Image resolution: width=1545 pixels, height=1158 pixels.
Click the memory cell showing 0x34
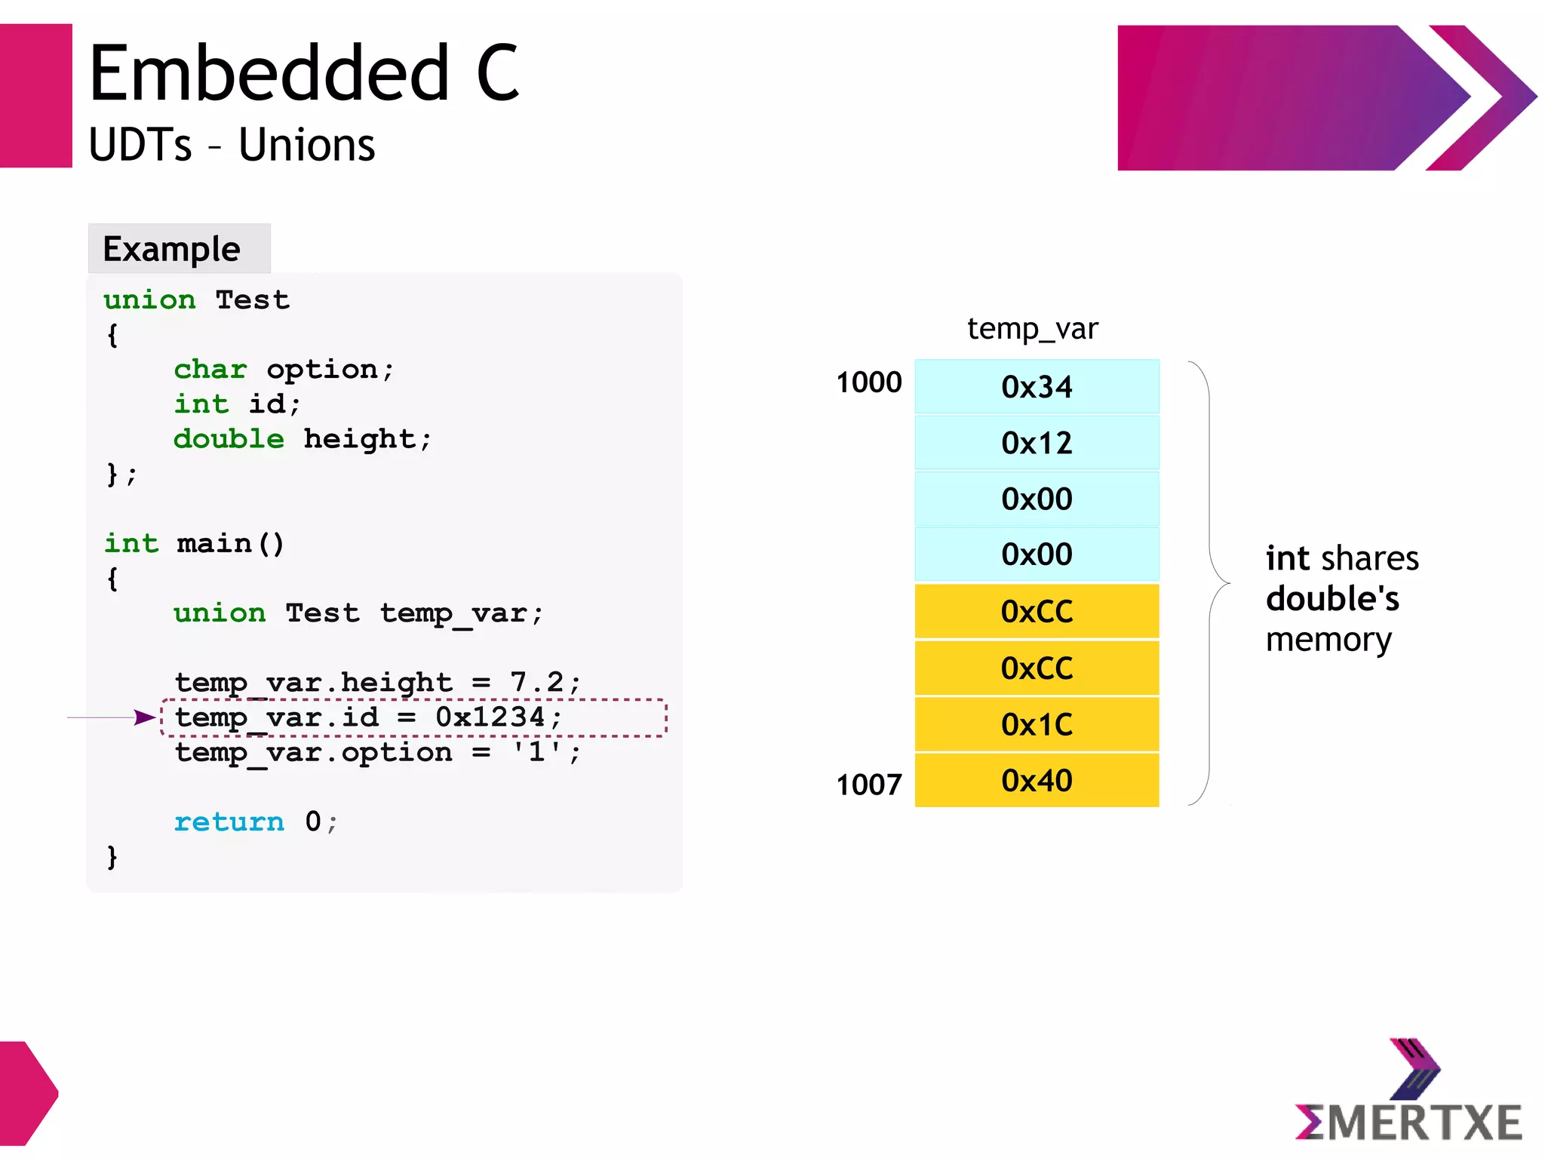click(1037, 386)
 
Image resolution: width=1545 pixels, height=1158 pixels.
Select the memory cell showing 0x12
click(1037, 443)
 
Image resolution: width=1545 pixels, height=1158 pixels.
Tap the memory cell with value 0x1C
click(1037, 724)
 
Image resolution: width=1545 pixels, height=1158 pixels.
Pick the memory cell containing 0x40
click(1037, 781)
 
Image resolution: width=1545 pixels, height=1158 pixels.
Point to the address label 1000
click(868, 382)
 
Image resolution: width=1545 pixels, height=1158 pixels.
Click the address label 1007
click(868, 785)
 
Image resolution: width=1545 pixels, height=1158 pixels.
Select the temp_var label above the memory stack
click(1032, 329)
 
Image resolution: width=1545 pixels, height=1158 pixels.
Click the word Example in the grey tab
click(171, 249)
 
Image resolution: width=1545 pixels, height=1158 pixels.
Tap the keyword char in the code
click(210, 369)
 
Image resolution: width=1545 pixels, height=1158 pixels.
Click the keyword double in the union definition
click(229, 438)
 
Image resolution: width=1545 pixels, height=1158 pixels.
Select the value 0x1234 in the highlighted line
click(490, 717)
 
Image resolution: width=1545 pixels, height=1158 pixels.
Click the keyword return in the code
click(229, 821)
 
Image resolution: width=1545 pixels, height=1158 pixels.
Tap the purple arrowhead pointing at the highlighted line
click(144, 717)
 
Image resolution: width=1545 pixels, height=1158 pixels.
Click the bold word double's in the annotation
click(1332, 599)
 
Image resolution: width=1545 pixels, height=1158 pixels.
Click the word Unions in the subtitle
click(306, 145)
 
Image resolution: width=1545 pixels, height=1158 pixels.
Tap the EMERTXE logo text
click(1408, 1122)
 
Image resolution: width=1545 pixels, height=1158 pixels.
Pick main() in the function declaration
click(230, 543)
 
